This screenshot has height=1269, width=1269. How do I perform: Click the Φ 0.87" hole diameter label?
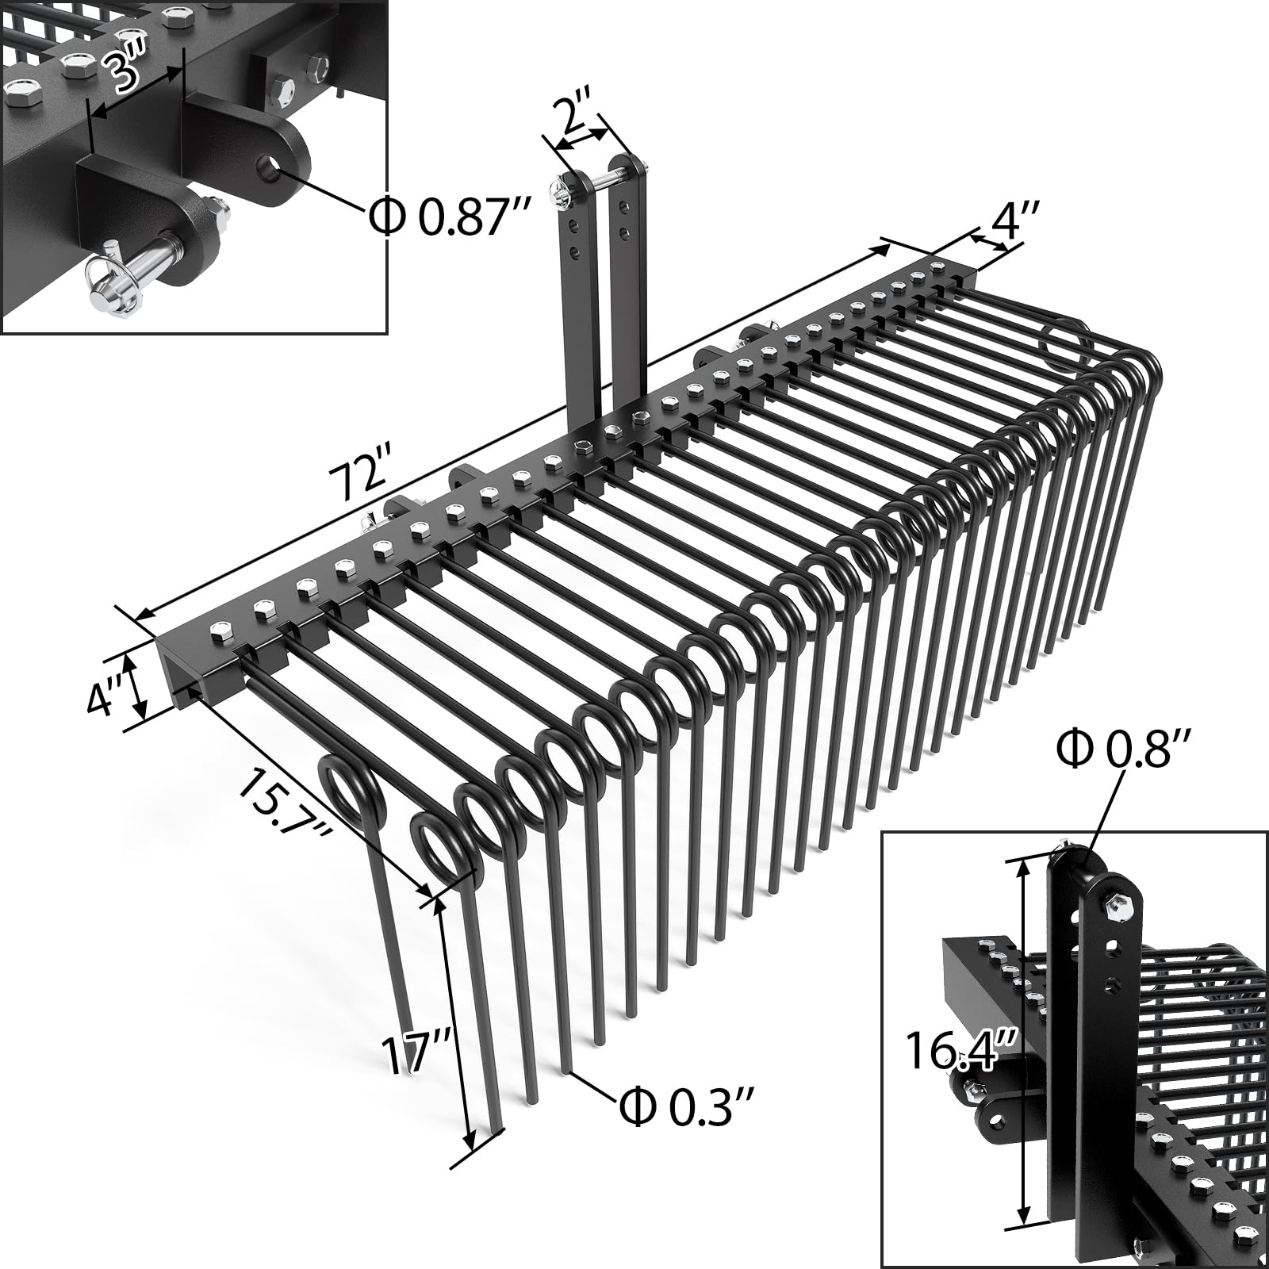click(449, 217)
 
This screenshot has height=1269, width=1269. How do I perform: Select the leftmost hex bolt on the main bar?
click(218, 630)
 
